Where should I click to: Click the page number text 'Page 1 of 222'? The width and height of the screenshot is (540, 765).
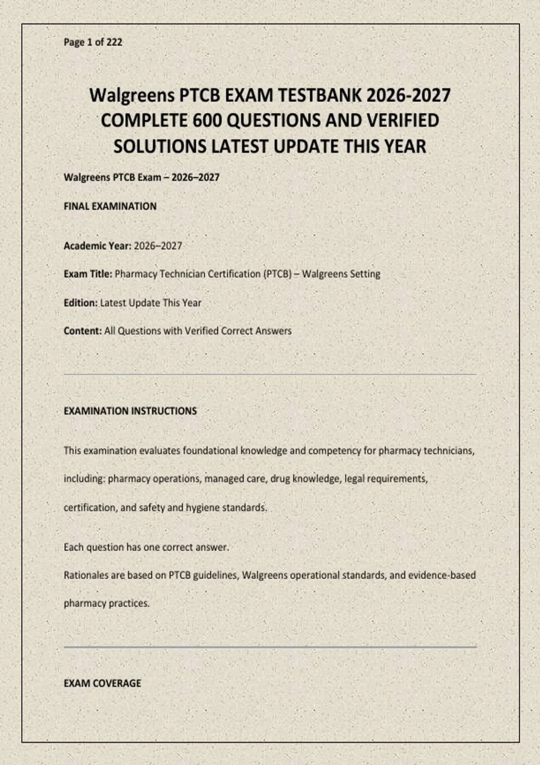[x=93, y=42]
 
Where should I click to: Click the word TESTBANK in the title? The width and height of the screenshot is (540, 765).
[x=318, y=95]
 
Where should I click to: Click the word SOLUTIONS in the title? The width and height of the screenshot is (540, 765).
[x=160, y=147]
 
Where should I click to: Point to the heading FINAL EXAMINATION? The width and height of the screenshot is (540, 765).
[x=110, y=207]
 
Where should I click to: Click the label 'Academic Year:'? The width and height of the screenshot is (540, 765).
[x=97, y=246]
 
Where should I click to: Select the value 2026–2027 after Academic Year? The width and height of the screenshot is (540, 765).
[x=158, y=246]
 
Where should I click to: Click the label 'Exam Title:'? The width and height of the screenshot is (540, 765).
[x=88, y=274]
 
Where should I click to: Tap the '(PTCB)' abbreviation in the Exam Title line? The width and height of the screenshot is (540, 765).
[x=277, y=274]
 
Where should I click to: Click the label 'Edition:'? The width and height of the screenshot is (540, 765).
[x=81, y=303]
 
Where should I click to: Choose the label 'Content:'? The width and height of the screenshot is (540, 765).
[x=83, y=331]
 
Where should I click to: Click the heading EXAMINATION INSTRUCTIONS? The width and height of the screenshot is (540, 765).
[x=130, y=411]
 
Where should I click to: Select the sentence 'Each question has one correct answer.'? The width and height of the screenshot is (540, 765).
[x=146, y=548]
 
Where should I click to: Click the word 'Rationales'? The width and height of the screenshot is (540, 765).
[x=87, y=576]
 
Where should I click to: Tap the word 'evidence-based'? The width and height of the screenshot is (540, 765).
[x=441, y=576]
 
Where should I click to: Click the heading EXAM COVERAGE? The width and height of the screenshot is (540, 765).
[x=102, y=684]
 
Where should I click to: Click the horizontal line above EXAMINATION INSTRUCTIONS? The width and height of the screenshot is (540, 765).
[x=270, y=374]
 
